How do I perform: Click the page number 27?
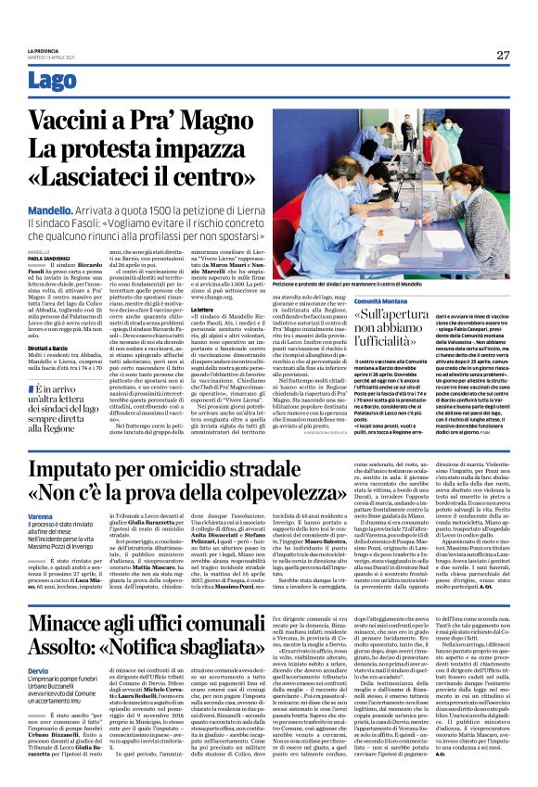[502, 55]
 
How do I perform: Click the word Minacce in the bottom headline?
[78, 627]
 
